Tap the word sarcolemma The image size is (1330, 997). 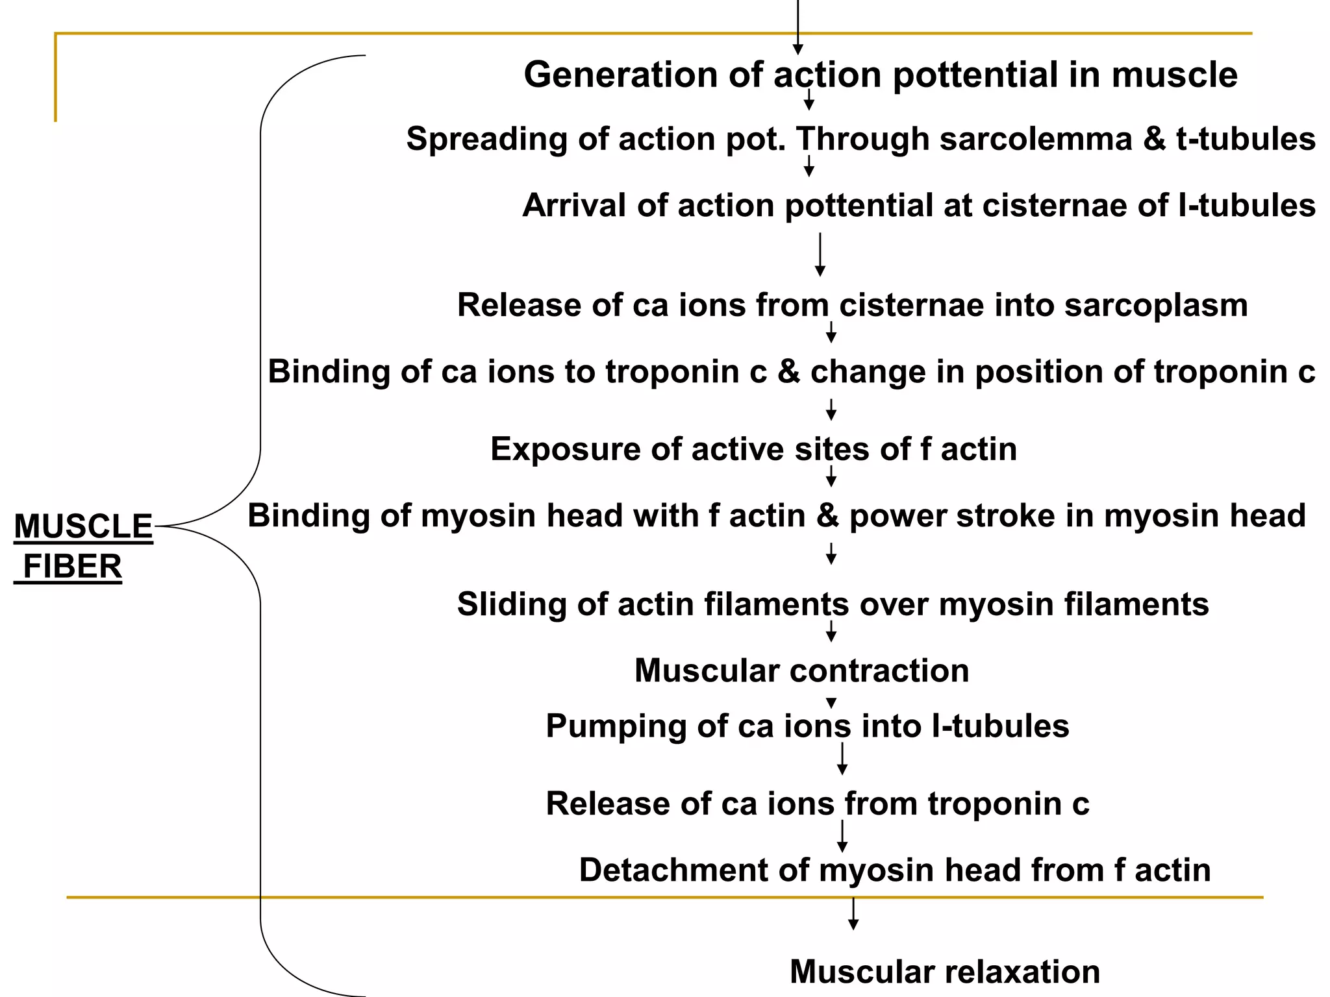1035,139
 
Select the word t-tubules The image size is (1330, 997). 1246,139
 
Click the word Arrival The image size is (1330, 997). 574,206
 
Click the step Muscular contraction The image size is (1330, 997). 801,671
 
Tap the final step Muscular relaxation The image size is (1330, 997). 944,972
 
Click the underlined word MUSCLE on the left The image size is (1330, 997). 83,526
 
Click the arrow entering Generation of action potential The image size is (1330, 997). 798,29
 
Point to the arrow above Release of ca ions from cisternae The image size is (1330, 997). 820,254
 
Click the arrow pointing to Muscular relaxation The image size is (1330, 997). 853,914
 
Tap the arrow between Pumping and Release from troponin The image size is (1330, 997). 842,759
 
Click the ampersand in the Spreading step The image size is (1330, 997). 1154,139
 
